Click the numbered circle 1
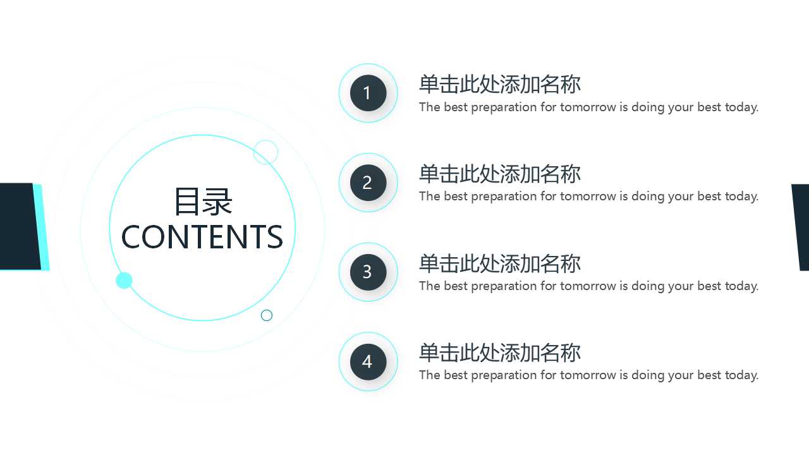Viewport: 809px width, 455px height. coord(368,93)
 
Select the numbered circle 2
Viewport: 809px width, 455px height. coord(368,183)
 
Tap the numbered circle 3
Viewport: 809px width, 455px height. coord(368,272)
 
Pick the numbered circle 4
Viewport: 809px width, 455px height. coord(368,361)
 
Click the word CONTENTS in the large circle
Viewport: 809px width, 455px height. coord(202,237)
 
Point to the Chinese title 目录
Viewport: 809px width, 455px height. coord(203,202)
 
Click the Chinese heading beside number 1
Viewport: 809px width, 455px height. coord(499,84)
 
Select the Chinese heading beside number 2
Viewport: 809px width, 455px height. coord(499,174)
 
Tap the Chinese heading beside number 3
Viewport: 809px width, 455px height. coord(499,264)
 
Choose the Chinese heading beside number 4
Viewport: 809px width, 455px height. coord(499,353)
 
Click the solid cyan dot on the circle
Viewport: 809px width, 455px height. coord(124,281)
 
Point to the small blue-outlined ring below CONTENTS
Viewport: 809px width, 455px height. coord(267,315)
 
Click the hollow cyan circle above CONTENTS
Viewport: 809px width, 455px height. coord(265,152)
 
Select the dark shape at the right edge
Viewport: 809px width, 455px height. coord(801,226)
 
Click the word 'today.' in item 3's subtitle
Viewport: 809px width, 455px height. coord(741,286)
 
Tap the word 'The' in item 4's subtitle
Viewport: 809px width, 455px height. coord(429,375)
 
